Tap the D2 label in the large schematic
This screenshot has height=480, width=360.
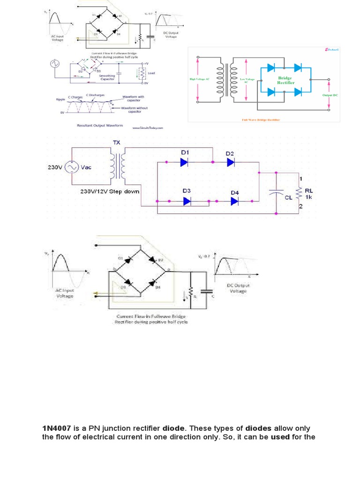(x=230, y=154)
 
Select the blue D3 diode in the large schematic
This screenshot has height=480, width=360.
(x=187, y=201)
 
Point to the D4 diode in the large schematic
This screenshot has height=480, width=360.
(x=234, y=201)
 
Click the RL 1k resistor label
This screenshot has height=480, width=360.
(x=308, y=194)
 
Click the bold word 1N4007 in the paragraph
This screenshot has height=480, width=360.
(x=56, y=428)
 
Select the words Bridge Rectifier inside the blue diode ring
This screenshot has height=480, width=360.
(x=285, y=81)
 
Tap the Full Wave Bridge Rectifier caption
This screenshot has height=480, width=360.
(x=260, y=120)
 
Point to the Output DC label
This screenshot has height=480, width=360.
(x=330, y=95)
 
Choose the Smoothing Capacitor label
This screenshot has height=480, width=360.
(x=107, y=77)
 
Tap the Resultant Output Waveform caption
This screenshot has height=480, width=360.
(x=99, y=126)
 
